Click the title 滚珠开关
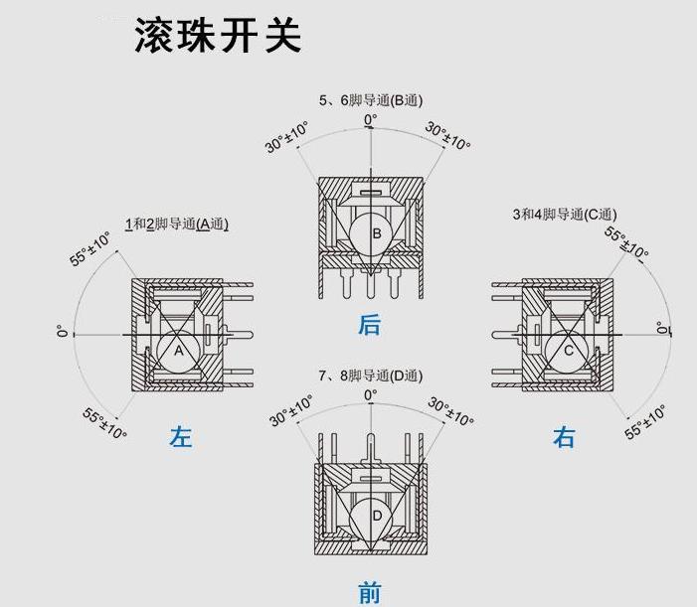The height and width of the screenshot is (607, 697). pyautogui.click(x=218, y=36)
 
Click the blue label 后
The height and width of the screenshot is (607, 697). pyautogui.click(x=370, y=325)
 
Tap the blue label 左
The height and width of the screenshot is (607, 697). pyautogui.click(x=181, y=436)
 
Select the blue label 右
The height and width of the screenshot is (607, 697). pyautogui.click(x=564, y=436)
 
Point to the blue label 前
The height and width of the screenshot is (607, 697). pyautogui.click(x=370, y=593)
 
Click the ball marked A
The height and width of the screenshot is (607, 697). pyautogui.click(x=180, y=351)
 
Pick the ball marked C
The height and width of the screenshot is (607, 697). pyautogui.click(x=568, y=351)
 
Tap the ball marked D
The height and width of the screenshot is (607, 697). pyautogui.click(x=377, y=517)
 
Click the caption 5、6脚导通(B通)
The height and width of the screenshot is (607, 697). pyautogui.click(x=371, y=99)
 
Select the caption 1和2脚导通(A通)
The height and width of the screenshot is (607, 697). pyautogui.click(x=176, y=224)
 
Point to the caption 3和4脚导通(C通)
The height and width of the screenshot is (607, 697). pyautogui.click(x=564, y=214)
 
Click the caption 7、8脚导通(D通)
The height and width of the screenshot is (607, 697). pyautogui.click(x=371, y=376)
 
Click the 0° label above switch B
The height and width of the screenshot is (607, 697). pyautogui.click(x=370, y=120)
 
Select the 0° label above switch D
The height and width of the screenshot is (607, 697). pyautogui.click(x=370, y=395)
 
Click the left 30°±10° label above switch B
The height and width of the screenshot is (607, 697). pyautogui.click(x=286, y=137)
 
